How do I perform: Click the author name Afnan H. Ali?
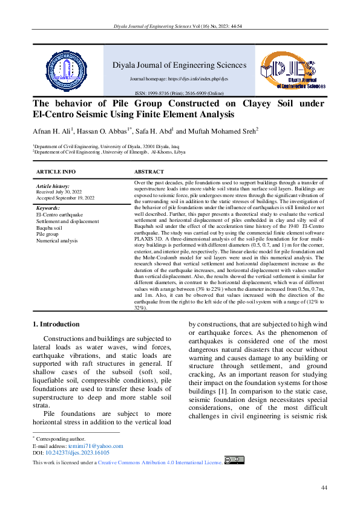click(x=51, y=130)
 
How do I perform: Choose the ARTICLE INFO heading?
click(x=56, y=172)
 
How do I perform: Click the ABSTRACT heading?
click(x=149, y=172)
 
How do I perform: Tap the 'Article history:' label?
click(x=53, y=186)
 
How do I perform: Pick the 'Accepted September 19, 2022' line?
click(x=66, y=198)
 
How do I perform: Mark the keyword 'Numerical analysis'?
click(x=57, y=240)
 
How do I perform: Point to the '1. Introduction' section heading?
click(x=56, y=324)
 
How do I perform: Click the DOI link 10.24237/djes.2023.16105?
click(x=77, y=452)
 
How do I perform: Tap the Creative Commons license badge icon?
click(x=234, y=460)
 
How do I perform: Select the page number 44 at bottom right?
click(x=324, y=487)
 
